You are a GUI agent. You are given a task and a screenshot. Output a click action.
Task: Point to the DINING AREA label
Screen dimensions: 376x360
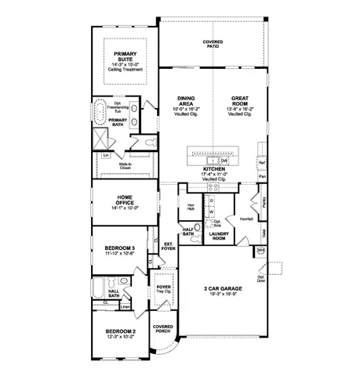pyautogui.click(x=186, y=102)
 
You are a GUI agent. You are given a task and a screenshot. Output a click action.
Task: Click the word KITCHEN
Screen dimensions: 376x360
pyautogui.click(x=215, y=168)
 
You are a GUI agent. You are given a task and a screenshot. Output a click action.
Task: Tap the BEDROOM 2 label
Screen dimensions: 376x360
pyautogui.click(x=121, y=332)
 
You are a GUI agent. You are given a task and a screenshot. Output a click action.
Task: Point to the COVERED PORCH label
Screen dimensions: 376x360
pyautogui.click(x=162, y=328)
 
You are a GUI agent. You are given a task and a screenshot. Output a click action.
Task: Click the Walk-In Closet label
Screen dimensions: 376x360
pyautogui.click(x=125, y=165)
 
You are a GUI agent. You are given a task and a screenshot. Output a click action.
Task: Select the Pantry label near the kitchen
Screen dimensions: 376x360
pyautogui.click(x=266, y=203)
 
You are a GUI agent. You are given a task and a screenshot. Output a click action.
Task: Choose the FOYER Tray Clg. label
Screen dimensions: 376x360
pyautogui.click(x=163, y=288)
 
